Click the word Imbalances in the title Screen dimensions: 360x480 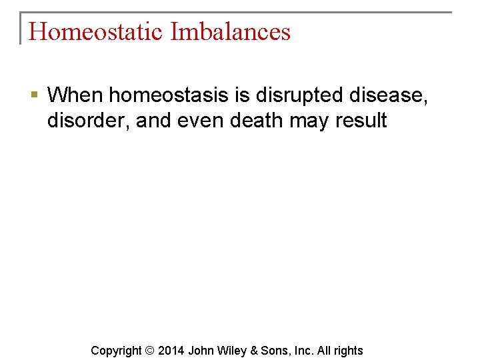coord(230,31)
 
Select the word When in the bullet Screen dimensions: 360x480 coord(75,95)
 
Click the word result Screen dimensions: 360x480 coord(361,120)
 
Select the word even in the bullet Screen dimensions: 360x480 coord(200,120)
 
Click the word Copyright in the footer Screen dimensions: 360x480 coord(116,351)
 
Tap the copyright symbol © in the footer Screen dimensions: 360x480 coord(149,351)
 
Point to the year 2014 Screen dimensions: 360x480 coord(171,351)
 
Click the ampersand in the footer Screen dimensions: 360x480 coord(255,351)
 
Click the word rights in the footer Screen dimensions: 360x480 coord(347,351)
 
